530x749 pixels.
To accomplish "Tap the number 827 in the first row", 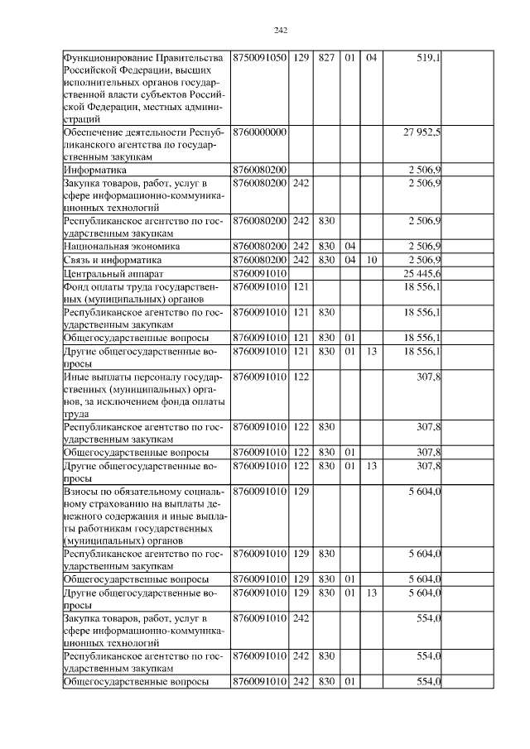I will click(x=325, y=57).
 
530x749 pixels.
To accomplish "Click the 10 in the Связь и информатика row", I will click(x=372, y=260).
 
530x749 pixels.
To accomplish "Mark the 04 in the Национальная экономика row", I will click(x=349, y=247).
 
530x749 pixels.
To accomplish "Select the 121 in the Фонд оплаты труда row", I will click(x=301, y=286).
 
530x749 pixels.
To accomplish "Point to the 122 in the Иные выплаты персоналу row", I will click(x=301, y=377).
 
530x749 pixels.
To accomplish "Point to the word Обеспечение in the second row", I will click(x=93, y=132).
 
